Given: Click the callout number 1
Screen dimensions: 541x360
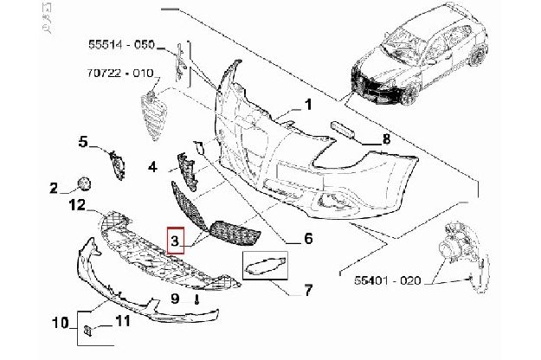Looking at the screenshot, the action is (x=308, y=105).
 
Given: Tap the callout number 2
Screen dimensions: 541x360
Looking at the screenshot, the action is (x=54, y=189).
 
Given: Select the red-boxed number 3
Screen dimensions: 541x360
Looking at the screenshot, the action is (x=175, y=241).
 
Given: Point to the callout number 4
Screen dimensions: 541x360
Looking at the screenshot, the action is (x=152, y=167).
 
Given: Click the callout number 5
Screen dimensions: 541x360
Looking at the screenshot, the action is (x=83, y=142).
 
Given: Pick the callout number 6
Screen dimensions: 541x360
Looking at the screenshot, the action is (x=308, y=238).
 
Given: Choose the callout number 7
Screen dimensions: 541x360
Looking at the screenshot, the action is (x=308, y=290).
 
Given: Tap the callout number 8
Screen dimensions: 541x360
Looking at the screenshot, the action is (x=386, y=139).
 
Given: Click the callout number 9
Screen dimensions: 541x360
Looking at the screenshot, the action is (x=175, y=299).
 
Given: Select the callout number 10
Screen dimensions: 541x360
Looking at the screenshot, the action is (x=61, y=323).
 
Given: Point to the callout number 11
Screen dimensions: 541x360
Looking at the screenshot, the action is (x=123, y=321).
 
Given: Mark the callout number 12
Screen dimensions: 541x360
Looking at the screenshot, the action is (x=77, y=205).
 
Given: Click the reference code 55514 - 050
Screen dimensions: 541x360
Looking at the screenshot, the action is (x=122, y=44).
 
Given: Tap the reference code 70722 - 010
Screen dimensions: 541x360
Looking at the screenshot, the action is (x=120, y=73).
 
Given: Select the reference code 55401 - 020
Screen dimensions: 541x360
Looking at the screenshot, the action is (x=388, y=280).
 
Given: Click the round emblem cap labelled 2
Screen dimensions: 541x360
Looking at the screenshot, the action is (x=84, y=183).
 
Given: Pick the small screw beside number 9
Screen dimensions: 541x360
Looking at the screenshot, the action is (x=196, y=299).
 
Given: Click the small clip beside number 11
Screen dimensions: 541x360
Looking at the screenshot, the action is (x=87, y=331).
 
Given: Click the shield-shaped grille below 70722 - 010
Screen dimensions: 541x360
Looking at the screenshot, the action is (x=154, y=115).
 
